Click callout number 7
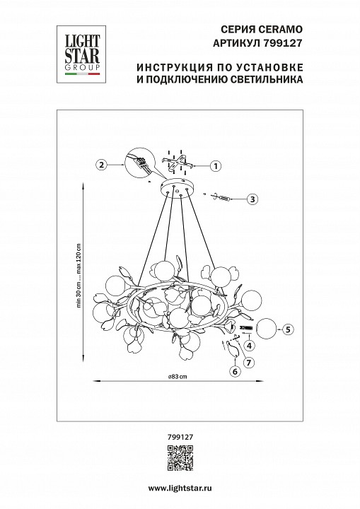pos(248,362)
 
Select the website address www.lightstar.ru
pos(180,488)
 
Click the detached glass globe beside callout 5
pos(268,329)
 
